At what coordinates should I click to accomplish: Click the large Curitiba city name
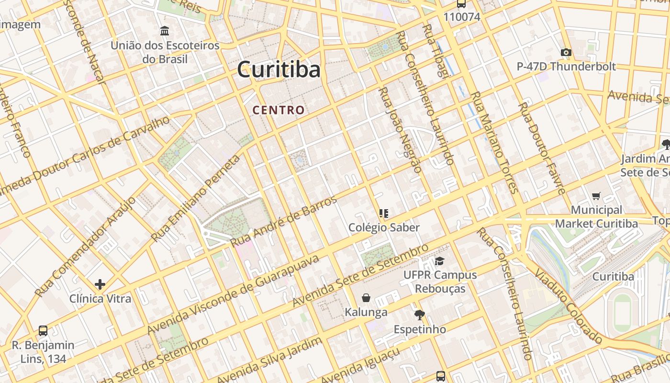pyautogui.click(x=279, y=70)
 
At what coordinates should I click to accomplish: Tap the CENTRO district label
pyautogui.click(x=279, y=110)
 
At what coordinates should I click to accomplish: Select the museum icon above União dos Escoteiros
pyautogui.click(x=165, y=31)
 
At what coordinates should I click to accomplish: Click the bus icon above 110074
pyautogui.click(x=461, y=4)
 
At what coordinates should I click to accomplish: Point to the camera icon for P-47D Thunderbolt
pyautogui.click(x=566, y=52)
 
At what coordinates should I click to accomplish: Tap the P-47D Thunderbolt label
pyautogui.click(x=566, y=67)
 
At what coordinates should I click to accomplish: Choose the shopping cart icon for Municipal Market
pyautogui.click(x=596, y=195)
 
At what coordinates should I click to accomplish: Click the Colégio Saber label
pyautogui.click(x=384, y=227)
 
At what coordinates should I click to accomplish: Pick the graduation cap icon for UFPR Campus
pyautogui.click(x=439, y=261)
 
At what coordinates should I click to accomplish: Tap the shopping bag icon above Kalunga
pyautogui.click(x=366, y=298)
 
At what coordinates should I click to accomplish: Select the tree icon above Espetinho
pyautogui.click(x=420, y=315)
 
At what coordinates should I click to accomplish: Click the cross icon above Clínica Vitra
pyautogui.click(x=100, y=284)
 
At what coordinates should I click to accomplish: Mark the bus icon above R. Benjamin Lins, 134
pyautogui.click(x=43, y=330)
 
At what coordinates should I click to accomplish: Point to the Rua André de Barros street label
pyautogui.click(x=284, y=221)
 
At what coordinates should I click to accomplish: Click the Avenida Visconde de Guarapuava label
pyautogui.click(x=233, y=294)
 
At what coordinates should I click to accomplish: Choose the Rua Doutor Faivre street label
pyautogui.click(x=542, y=148)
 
